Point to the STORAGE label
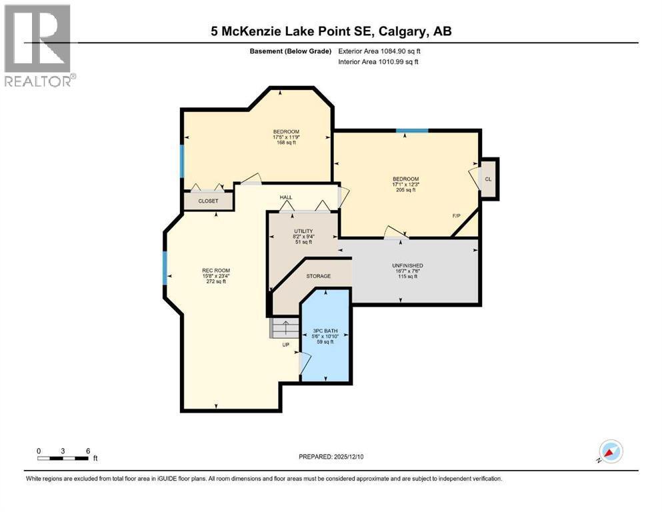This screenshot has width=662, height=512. point(319,276)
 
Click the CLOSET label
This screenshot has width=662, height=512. point(208,201)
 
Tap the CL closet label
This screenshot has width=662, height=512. point(489,179)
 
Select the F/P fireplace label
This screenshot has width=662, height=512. point(457,216)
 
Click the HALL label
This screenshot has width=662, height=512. point(286,197)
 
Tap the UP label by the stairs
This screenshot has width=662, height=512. point(285,345)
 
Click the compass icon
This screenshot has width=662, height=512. point(610,451)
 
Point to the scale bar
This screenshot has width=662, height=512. point(63,457)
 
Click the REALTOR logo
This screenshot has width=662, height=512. point(39,44)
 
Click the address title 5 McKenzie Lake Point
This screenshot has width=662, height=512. point(331,31)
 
